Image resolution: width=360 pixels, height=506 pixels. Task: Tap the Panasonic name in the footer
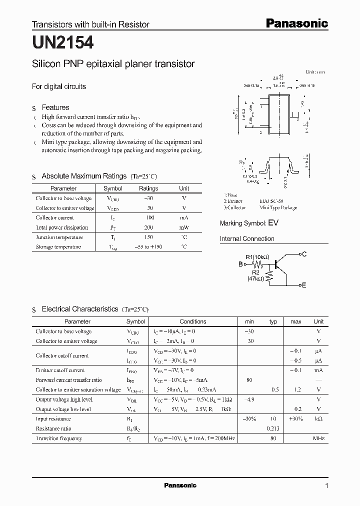point(180,485)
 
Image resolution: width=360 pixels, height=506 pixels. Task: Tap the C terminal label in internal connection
point(304,254)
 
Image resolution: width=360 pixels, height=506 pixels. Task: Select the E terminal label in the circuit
point(304,285)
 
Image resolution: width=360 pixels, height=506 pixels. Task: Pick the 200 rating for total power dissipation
point(148,227)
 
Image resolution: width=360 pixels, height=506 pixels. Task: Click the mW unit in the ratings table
point(184,227)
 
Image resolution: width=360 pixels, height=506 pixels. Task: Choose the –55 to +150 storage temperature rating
point(148,247)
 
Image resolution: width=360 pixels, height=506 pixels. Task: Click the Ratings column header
point(148,188)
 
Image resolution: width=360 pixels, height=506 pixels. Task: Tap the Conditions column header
point(192,321)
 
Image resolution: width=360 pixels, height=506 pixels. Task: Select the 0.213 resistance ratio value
point(272,428)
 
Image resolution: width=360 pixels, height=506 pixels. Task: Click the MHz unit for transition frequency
point(318,438)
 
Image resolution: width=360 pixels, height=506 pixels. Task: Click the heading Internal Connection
point(247,239)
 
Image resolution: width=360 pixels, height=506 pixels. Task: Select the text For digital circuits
point(59,86)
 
